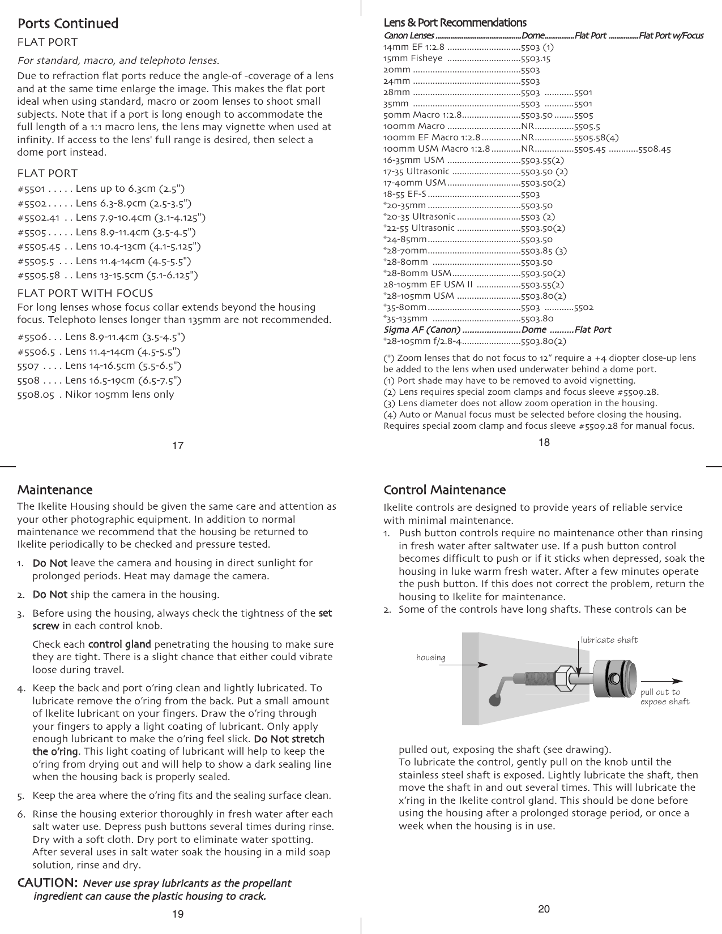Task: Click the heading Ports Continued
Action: point(68,24)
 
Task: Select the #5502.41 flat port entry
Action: point(112,217)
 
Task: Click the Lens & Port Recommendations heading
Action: point(455,23)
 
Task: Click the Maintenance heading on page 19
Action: point(55,489)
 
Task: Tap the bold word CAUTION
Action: point(48,883)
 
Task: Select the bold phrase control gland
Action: point(119,644)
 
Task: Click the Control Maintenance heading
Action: point(444,489)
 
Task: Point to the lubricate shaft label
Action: point(609,640)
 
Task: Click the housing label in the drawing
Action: point(430,657)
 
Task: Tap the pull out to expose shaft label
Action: point(664,697)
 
